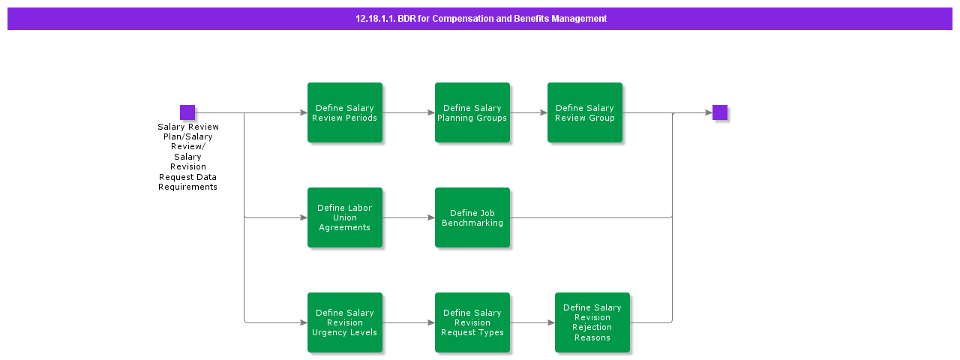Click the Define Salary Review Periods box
pyautogui.click(x=345, y=112)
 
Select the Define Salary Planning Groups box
pyautogui.click(x=472, y=112)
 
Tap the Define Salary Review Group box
pyautogui.click(x=585, y=112)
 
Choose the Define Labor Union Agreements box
pyautogui.click(x=345, y=217)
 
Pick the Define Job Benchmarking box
pyautogui.click(x=472, y=217)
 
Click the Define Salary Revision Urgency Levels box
pyautogui.click(x=345, y=322)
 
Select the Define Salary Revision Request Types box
pyautogui.click(x=472, y=322)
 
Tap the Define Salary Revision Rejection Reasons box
pyautogui.click(x=592, y=322)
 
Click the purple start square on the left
pyautogui.click(x=187, y=112)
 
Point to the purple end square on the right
pyautogui.click(x=720, y=112)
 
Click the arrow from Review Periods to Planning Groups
pyautogui.click(x=409, y=113)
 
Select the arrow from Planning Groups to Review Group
pyautogui.click(x=529, y=113)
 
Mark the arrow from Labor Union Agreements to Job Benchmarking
pyautogui.click(x=409, y=218)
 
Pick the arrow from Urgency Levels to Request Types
pyautogui.click(x=409, y=323)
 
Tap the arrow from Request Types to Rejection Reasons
pyautogui.click(x=532, y=323)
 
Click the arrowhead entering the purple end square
pyautogui.click(x=708, y=113)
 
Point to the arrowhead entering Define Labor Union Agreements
pyautogui.click(x=303, y=218)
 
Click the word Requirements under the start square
pyautogui.click(x=187, y=187)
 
